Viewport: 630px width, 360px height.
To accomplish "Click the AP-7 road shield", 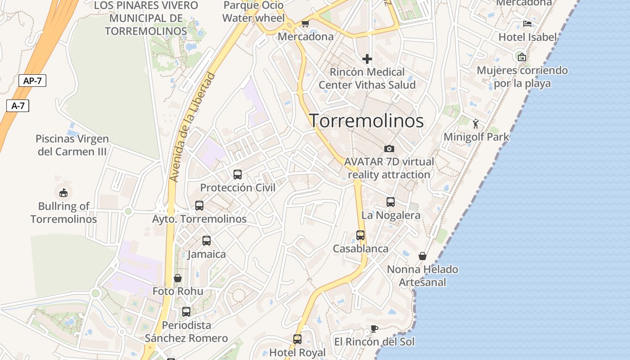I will pyautogui.click(x=32, y=81).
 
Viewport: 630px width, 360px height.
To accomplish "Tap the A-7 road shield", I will pyautogui.click(x=18, y=106).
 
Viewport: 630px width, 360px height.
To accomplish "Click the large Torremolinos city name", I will pyautogui.click(x=366, y=121).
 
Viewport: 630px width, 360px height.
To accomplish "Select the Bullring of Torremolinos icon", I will pyautogui.click(x=63, y=193).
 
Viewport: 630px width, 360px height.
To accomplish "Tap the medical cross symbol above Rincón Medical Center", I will pyautogui.click(x=367, y=58).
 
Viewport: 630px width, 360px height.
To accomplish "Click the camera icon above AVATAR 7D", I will pyautogui.click(x=389, y=148).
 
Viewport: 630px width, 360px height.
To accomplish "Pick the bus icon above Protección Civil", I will pyautogui.click(x=238, y=174).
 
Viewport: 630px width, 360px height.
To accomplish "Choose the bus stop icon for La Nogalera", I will pyautogui.click(x=391, y=202).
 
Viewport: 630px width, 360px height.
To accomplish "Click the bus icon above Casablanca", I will pyautogui.click(x=360, y=235).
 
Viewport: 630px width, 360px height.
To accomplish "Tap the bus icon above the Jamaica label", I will pyautogui.click(x=207, y=241).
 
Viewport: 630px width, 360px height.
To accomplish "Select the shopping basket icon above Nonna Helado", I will pyautogui.click(x=423, y=256).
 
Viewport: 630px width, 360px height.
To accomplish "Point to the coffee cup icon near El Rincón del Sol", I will pyautogui.click(x=374, y=328).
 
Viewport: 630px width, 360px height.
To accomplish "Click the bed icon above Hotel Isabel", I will pyautogui.click(x=527, y=24).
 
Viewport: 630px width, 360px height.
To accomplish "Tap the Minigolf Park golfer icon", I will pyautogui.click(x=476, y=123).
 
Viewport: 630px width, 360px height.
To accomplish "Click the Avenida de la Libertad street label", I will pyautogui.click(x=193, y=127).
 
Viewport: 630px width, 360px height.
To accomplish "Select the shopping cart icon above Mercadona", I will pyautogui.click(x=306, y=24).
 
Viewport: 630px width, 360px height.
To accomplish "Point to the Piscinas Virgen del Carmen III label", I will pyautogui.click(x=72, y=145).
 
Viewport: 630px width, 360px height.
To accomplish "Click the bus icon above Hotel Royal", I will pyautogui.click(x=297, y=339).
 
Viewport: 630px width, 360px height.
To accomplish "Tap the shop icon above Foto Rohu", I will pyautogui.click(x=178, y=278).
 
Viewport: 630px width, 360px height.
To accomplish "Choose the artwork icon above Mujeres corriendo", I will pyautogui.click(x=522, y=57).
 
